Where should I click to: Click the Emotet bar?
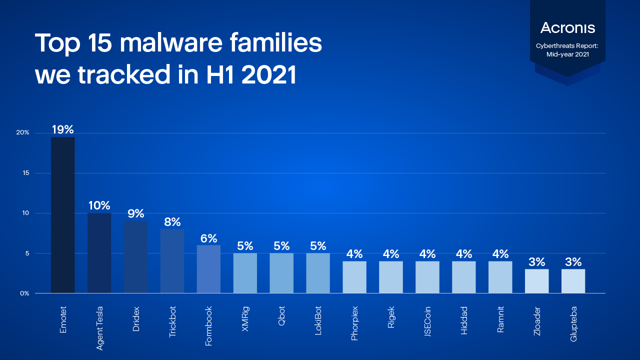click(63, 215)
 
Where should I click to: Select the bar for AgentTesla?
click(99, 253)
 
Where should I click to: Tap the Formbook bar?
click(208, 269)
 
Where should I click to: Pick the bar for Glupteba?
click(573, 281)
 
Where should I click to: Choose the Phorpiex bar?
click(354, 277)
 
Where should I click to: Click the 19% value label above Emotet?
click(63, 130)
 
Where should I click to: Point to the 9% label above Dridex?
click(135, 214)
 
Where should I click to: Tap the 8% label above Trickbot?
click(172, 222)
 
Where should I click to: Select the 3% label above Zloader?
click(536, 262)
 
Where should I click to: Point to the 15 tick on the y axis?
click(26, 173)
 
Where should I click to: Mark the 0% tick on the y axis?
click(24, 293)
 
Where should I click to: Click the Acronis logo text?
click(567, 28)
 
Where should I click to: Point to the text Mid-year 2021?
click(567, 54)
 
